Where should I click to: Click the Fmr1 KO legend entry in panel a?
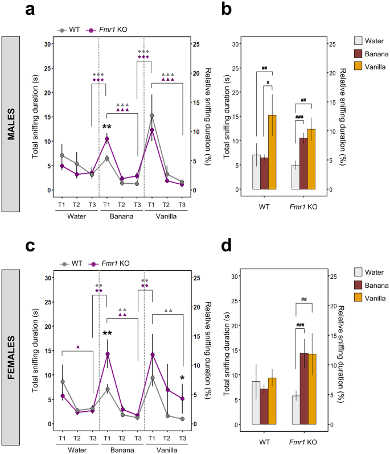[x=112, y=30]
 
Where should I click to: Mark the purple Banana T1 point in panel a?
[x=106, y=139]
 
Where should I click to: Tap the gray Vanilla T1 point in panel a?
[x=151, y=116]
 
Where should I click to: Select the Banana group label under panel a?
[x=121, y=216]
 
